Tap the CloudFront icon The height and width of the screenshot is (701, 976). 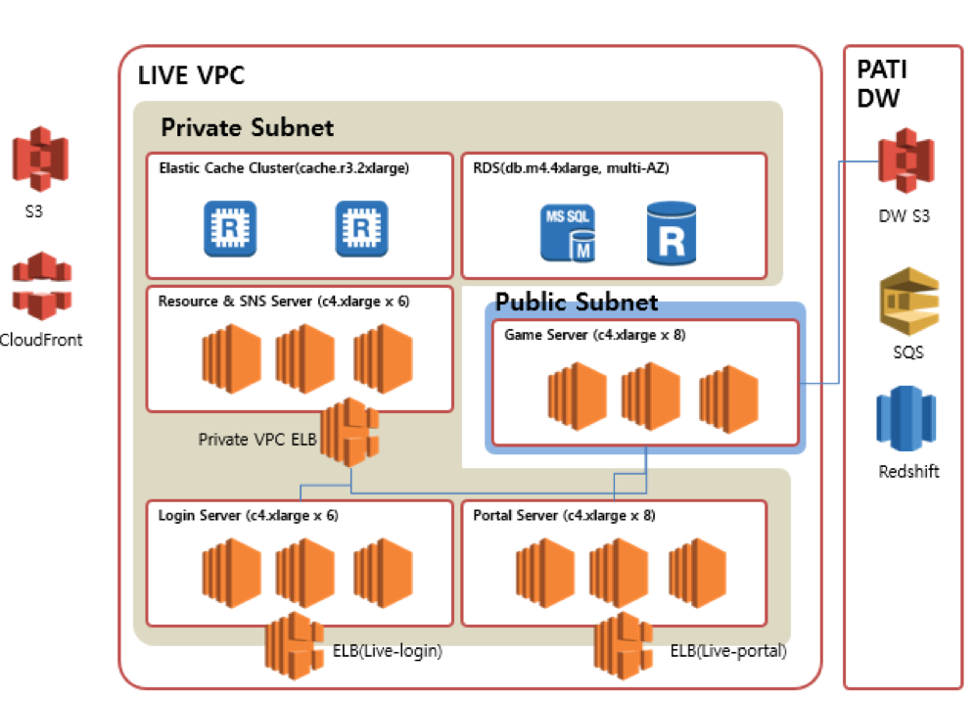41,286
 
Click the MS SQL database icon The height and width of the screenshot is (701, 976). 569,232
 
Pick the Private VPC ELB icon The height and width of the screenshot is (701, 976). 349,432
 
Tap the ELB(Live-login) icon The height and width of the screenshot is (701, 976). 295,643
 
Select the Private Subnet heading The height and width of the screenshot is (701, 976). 247,127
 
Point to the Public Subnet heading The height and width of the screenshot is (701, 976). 577,302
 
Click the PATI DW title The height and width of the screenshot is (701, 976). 880,84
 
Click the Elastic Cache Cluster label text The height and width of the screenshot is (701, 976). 283,167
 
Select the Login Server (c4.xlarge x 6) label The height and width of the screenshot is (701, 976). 248,515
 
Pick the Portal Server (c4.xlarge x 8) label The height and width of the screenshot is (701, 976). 564,515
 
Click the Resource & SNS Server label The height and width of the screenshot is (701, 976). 283,302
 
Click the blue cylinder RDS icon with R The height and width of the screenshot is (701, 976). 672,233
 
